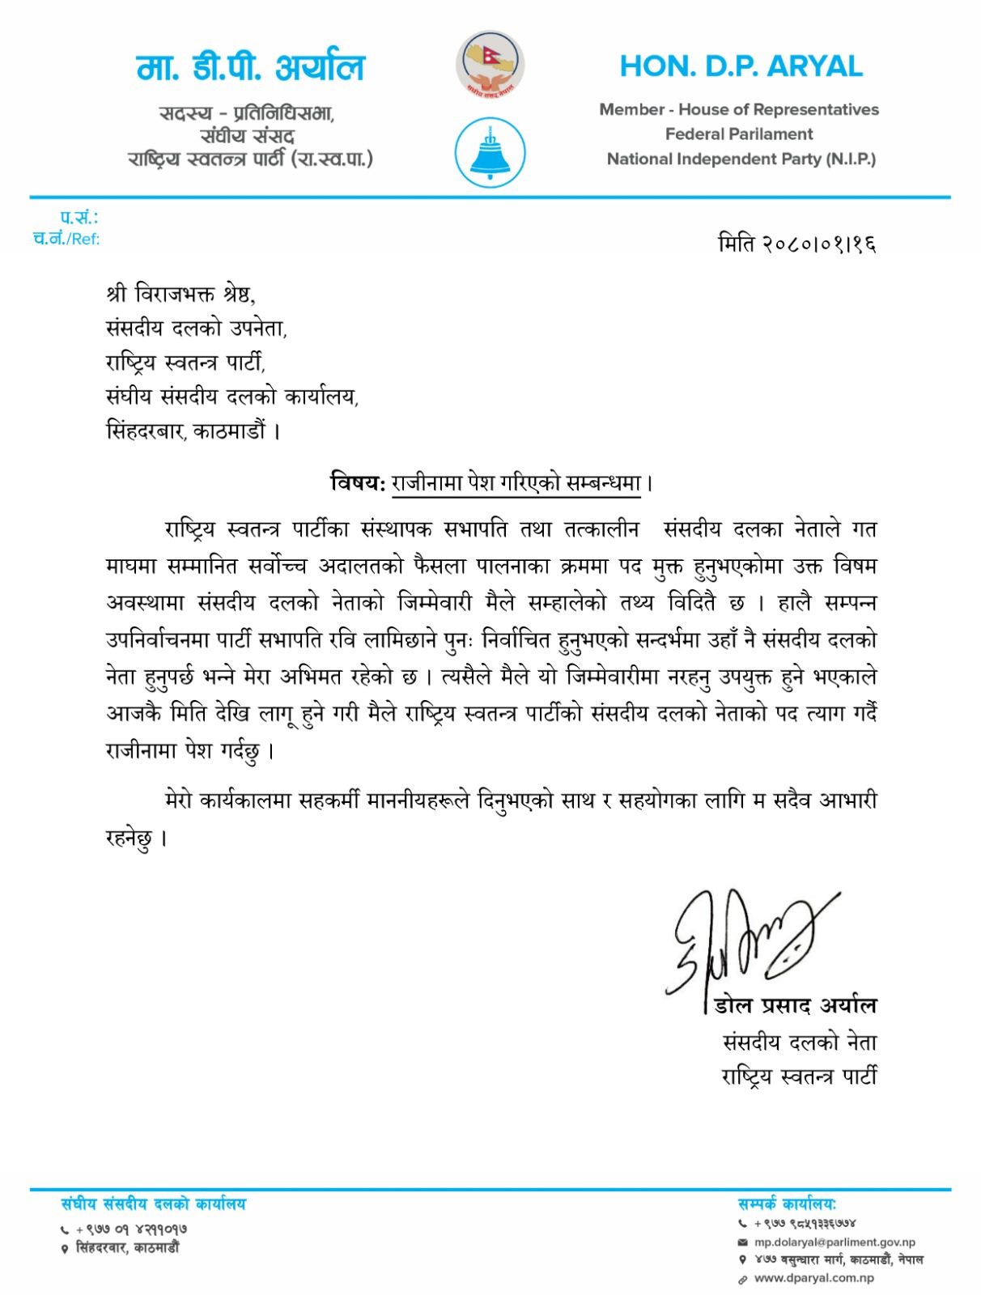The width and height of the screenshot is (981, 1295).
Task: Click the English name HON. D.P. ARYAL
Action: coord(741,66)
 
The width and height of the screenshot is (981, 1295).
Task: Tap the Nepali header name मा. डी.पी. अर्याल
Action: coord(251,68)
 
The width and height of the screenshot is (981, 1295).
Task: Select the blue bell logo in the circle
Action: coord(491,153)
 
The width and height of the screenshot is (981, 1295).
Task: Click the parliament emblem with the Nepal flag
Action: coord(491,65)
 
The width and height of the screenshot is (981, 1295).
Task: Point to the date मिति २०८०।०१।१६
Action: coord(797,243)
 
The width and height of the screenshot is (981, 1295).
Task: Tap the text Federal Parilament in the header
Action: coord(738,134)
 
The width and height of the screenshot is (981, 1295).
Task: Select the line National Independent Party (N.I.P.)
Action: coord(741,159)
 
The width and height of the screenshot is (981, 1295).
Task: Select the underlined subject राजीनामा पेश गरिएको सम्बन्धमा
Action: coord(516,484)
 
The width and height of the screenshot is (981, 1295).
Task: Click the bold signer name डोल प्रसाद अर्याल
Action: coord(795,1006)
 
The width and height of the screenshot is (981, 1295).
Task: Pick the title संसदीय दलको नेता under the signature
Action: coord(799,1042)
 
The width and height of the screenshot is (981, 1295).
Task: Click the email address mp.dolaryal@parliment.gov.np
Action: coord(834,1242)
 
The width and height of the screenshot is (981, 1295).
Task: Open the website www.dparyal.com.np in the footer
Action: coord(813,1279)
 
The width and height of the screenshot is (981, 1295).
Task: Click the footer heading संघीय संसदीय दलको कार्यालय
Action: coord(153,1204)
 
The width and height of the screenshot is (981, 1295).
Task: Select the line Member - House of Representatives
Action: coord(738,110)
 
